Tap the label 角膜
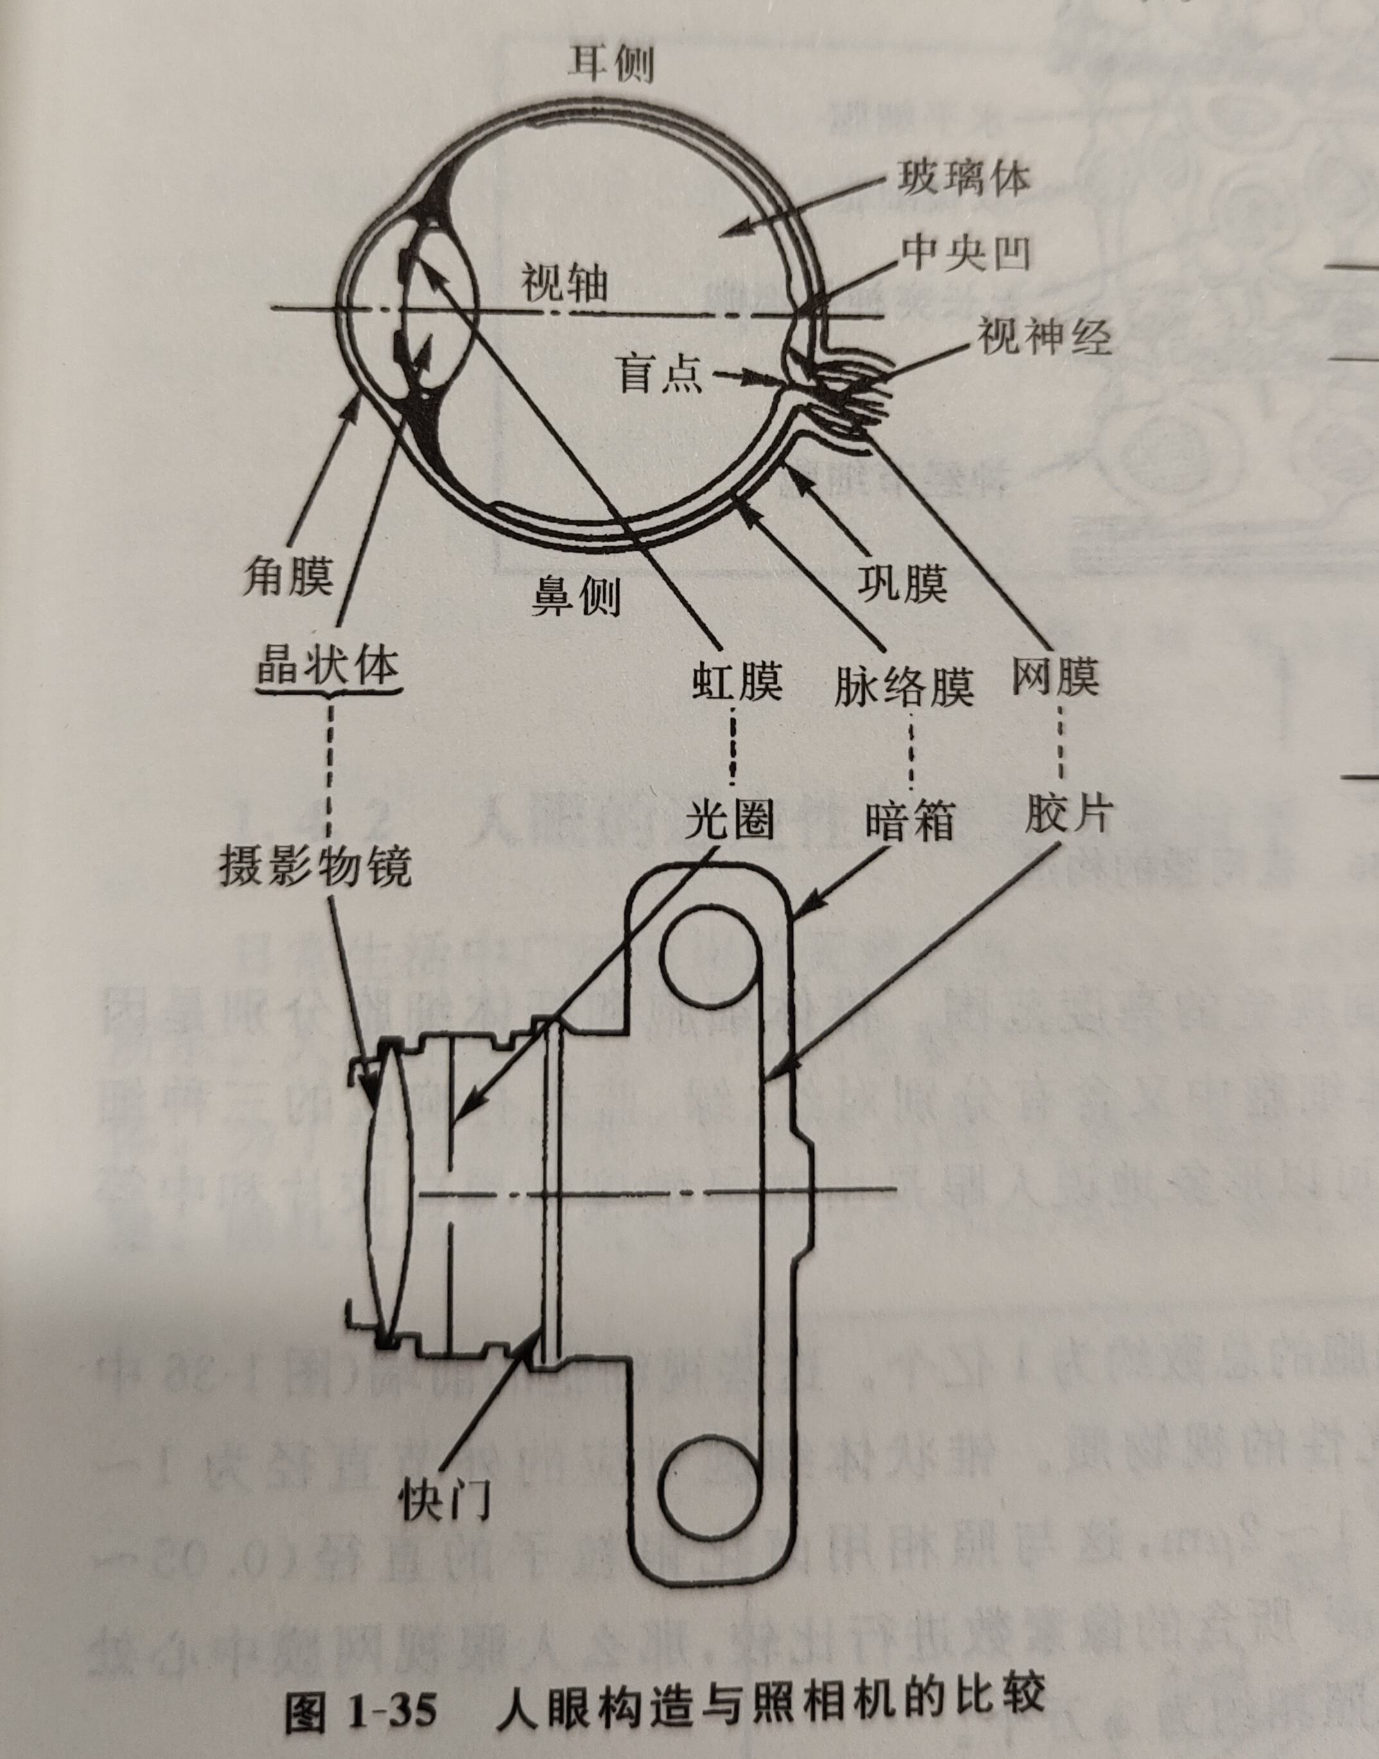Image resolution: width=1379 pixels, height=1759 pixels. (288, 576)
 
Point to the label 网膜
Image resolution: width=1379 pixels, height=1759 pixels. (1056, 675)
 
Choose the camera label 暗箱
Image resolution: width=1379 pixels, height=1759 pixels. (910, 822)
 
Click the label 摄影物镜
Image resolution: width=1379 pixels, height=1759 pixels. (315, 865)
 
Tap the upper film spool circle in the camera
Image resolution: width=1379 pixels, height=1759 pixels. (711, 959)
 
